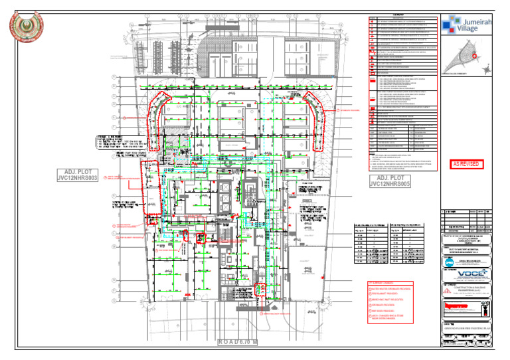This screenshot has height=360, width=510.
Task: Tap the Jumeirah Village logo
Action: [x=467, y=24]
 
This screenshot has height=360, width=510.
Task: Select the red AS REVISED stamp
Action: [x=467, y=163]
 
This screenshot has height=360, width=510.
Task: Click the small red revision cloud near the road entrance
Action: [x=261, y=290]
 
